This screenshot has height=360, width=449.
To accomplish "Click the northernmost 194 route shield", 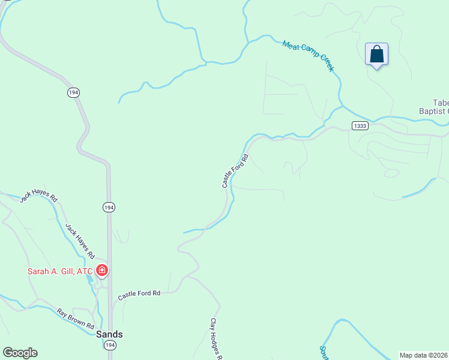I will [x=73, y=92].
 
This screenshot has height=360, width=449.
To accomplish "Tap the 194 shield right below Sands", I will [x=109, y=345].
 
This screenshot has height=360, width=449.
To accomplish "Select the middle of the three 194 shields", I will [x=109, y=207].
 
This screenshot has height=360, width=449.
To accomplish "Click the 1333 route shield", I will [x=360, y=126].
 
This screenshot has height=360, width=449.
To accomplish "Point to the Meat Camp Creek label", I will [x=307, y=56].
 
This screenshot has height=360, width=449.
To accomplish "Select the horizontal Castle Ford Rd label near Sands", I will [x=139, y=295].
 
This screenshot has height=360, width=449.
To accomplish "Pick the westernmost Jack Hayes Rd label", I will [x=38, y=199].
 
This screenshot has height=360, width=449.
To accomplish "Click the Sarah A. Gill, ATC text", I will [x=60, y=271].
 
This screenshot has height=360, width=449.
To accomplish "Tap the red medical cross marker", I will [x=102, y=271].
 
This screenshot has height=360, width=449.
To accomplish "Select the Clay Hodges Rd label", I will [x=216, y=339].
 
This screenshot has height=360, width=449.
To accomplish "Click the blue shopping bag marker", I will [x=376, y=54].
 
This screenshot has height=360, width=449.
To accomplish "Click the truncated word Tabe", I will [x=440, y=103].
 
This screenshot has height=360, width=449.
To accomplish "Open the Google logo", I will [x=20, y=353].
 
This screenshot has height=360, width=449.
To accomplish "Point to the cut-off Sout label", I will [x=324, y=353].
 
